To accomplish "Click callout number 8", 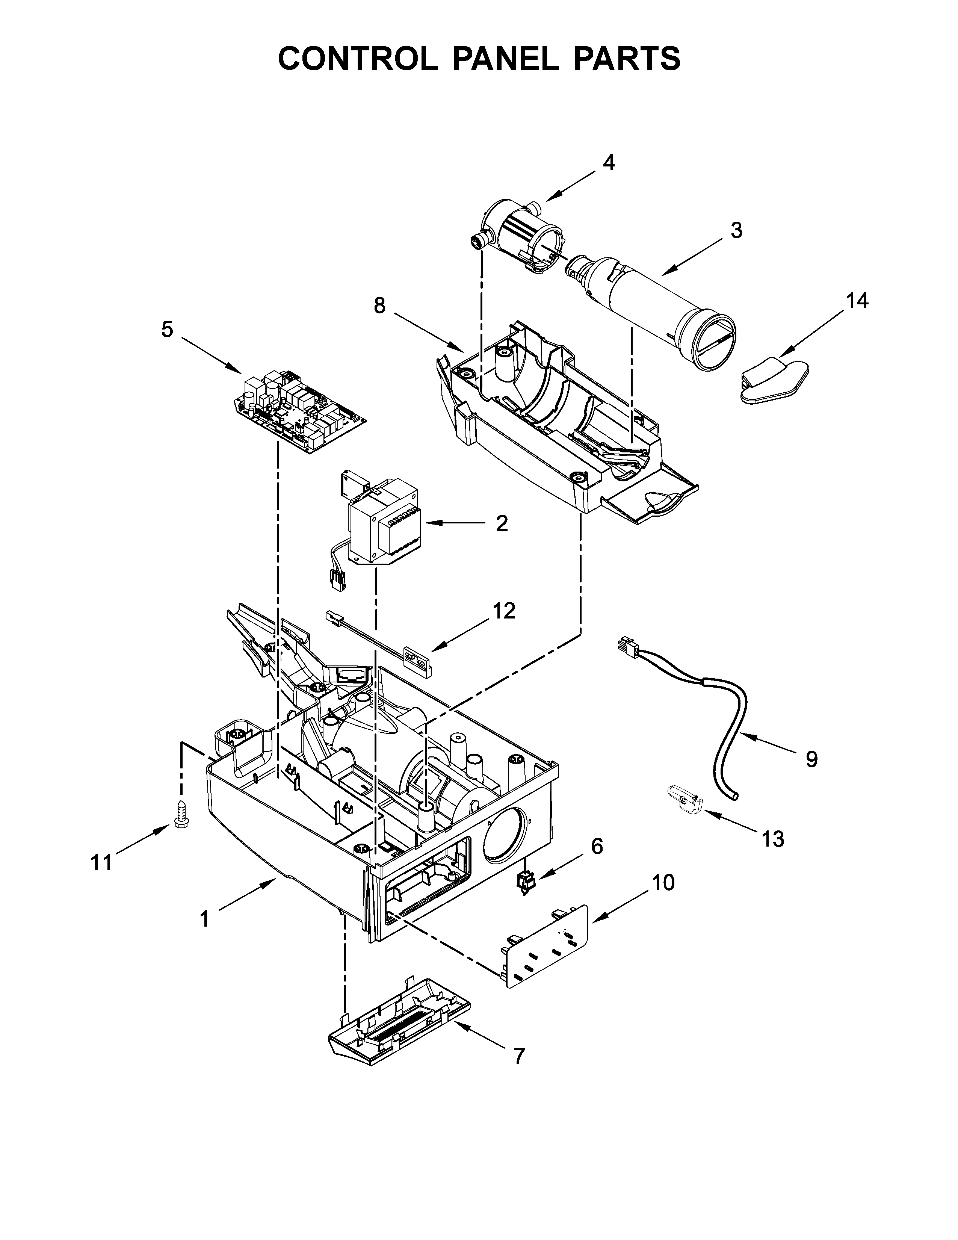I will pyautogui.click(x=380, y=306).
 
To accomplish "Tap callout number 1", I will pyautogui.click(x=204, y=919).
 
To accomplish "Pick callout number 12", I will pyautogui.click(x=503, y=611).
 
